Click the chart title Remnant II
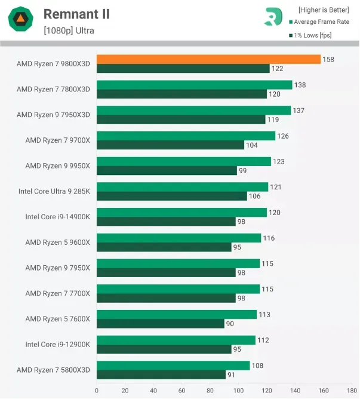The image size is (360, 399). click(76, 14)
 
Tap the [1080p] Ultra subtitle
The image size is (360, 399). click(68, 30)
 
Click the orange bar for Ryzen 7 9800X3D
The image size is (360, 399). click(208, 59)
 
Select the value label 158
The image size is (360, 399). click(328, 59)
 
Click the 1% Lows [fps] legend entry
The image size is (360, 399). click(312, 35)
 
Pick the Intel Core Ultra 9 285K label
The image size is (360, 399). click(54, 191)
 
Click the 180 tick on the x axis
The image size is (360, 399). click(351, 391)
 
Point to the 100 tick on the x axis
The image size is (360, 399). click(238, 391)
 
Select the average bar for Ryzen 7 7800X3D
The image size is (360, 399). click(194, 85)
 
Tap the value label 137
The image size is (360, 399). click(298, 111)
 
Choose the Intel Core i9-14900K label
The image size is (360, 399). click(57, 217)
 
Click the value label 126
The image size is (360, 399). click(282, 136)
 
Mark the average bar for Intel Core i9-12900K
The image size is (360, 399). click(176, 340)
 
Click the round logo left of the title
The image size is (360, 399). click(21, 21)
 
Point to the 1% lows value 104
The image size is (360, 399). click(251, 145)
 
